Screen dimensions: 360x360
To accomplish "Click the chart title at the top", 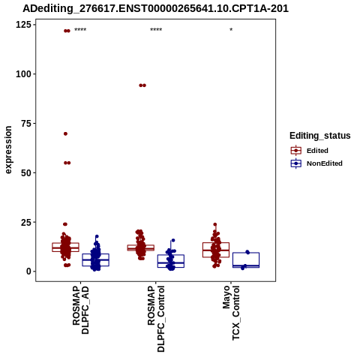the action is (x=155, y=8).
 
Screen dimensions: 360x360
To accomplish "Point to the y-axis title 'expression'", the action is (x=8, y=150).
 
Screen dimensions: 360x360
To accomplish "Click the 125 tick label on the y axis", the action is (x=23, y=25).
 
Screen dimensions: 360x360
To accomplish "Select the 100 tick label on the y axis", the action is (x=23, y=74).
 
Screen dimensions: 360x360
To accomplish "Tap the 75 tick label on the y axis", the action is (x=26, y=123).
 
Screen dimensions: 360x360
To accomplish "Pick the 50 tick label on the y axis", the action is (x=26, y=172).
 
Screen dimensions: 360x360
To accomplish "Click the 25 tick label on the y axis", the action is (x=26, y=222).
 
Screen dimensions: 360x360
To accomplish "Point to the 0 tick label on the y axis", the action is (x=28, y=271).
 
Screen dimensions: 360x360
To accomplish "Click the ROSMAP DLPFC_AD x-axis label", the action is (x=80, y=310).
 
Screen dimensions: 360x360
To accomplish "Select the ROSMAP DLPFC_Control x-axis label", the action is (x=156, y=319).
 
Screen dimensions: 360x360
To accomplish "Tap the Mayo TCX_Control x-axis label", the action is (x=231, y=313).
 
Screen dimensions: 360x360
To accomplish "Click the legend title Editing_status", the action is (x=320, y=136).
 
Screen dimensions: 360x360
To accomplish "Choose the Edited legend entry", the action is (x=309, y=151).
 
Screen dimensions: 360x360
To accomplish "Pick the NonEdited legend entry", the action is (x=316, y=163).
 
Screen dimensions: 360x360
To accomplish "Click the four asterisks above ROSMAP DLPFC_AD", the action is (x=80, y=30).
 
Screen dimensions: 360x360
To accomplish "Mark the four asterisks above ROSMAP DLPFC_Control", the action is (x=156, y=30).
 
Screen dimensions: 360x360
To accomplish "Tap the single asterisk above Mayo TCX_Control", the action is (x=231, y=30).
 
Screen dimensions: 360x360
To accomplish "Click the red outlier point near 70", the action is (x=65, y=133).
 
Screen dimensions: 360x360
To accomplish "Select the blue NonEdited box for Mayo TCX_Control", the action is (x=246, y=253).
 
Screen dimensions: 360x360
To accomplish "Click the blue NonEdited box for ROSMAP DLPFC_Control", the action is (x=171, y=255).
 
